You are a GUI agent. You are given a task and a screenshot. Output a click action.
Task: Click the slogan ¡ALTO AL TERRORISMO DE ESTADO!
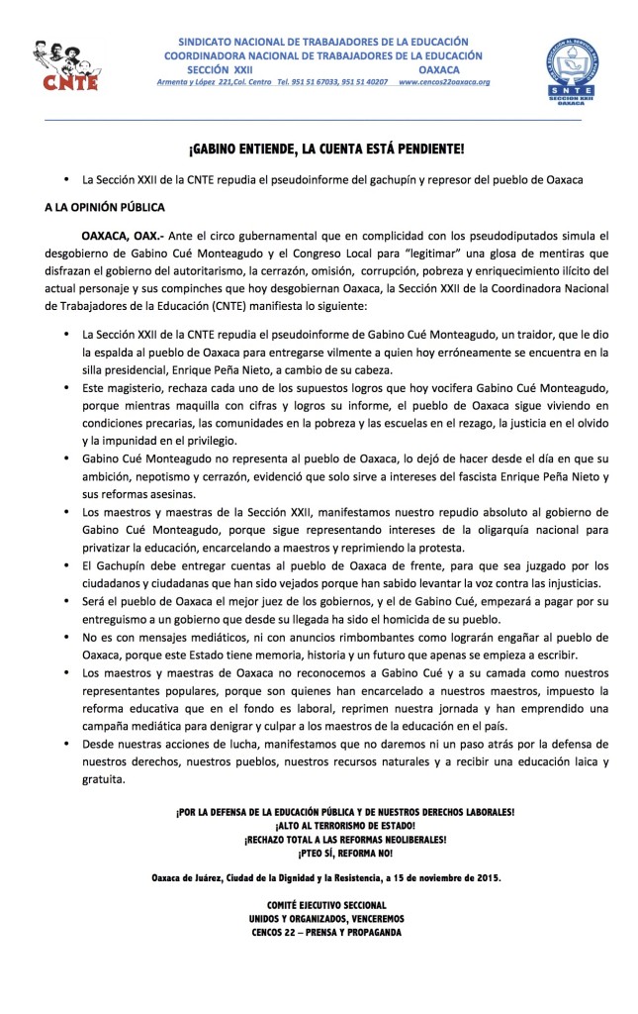tap(345, 825)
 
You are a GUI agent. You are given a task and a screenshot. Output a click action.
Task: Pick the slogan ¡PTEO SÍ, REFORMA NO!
tap(345, 852)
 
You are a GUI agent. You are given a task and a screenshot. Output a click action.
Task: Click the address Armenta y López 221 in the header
tap(202, 81)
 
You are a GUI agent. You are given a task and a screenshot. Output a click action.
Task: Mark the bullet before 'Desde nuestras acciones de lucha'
tap(66, 736)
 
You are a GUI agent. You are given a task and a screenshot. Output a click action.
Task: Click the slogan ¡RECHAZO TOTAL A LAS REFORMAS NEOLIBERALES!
tap(345, 839)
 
